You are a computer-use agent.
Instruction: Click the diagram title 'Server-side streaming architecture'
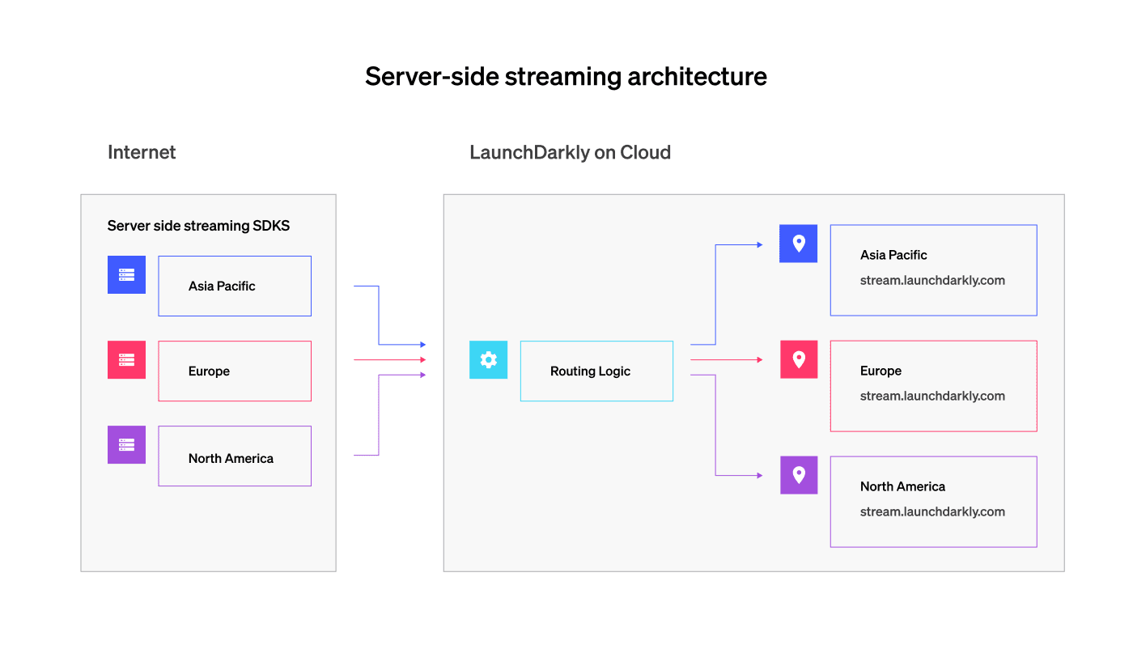click(x=566, y=77)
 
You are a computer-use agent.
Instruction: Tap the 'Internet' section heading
click(x=142, y=152)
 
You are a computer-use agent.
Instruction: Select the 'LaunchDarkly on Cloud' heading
click(x=570, y=152)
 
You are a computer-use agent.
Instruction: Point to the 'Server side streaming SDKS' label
click(x=198, y=226)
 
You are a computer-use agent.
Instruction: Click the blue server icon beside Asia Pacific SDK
click(x=126, y=275)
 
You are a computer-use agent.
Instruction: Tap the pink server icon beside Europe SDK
click(x=126, y=360)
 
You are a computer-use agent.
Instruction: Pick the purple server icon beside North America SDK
click(x=126, y=445)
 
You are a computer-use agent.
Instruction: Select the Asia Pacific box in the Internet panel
click(x=235, y=286)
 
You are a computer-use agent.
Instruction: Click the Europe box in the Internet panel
click(x=235, y=371)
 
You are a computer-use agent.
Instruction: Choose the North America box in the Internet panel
click(x=235, y=456)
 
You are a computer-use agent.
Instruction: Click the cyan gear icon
click(x=488, y=360)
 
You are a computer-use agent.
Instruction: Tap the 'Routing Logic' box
click(x=596, y=371)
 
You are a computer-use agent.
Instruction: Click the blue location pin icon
click(x=799, y=244)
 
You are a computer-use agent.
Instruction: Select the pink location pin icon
click(x=799, y=359)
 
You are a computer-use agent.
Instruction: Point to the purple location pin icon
click(x=799, y=475)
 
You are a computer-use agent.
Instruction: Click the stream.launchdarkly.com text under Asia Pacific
click(x=932, y=281)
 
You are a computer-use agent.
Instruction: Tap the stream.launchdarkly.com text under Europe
click(x=932, y=397)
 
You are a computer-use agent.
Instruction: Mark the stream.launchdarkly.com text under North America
click(x=932, y=512)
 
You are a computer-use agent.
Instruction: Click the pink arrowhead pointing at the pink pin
click(x=759, y=359)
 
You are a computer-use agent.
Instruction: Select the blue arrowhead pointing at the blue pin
click(x=759, y=244)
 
